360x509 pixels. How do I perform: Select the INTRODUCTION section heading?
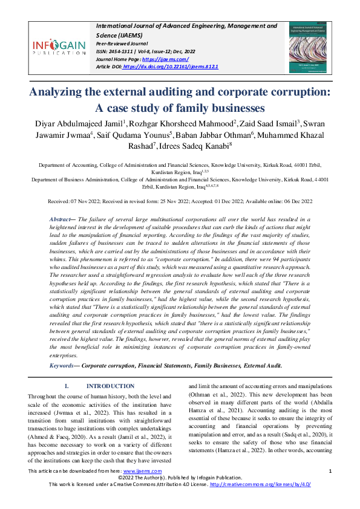(x=110, y=386)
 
